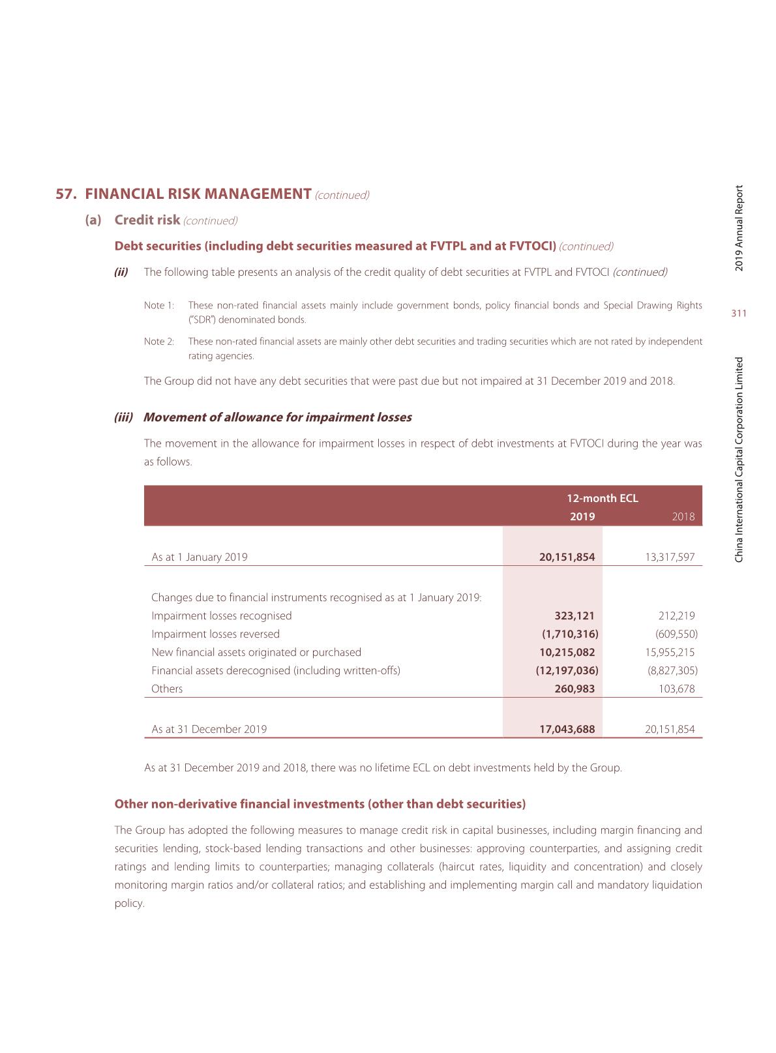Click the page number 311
coord(738,314)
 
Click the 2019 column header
coord(582,516)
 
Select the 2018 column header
coord(683,516)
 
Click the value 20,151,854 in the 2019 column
coord(567,557)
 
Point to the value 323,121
coord(574,615)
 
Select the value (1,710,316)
coord(570,634)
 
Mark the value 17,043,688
coord(567,729)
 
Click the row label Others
coord(167,689)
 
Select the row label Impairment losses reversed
coord(215,634)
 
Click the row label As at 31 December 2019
coord(209,729)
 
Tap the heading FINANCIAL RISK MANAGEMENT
coord(198,194)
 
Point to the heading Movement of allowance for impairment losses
coord(277,417)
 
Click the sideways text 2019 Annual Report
coord(739,228)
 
